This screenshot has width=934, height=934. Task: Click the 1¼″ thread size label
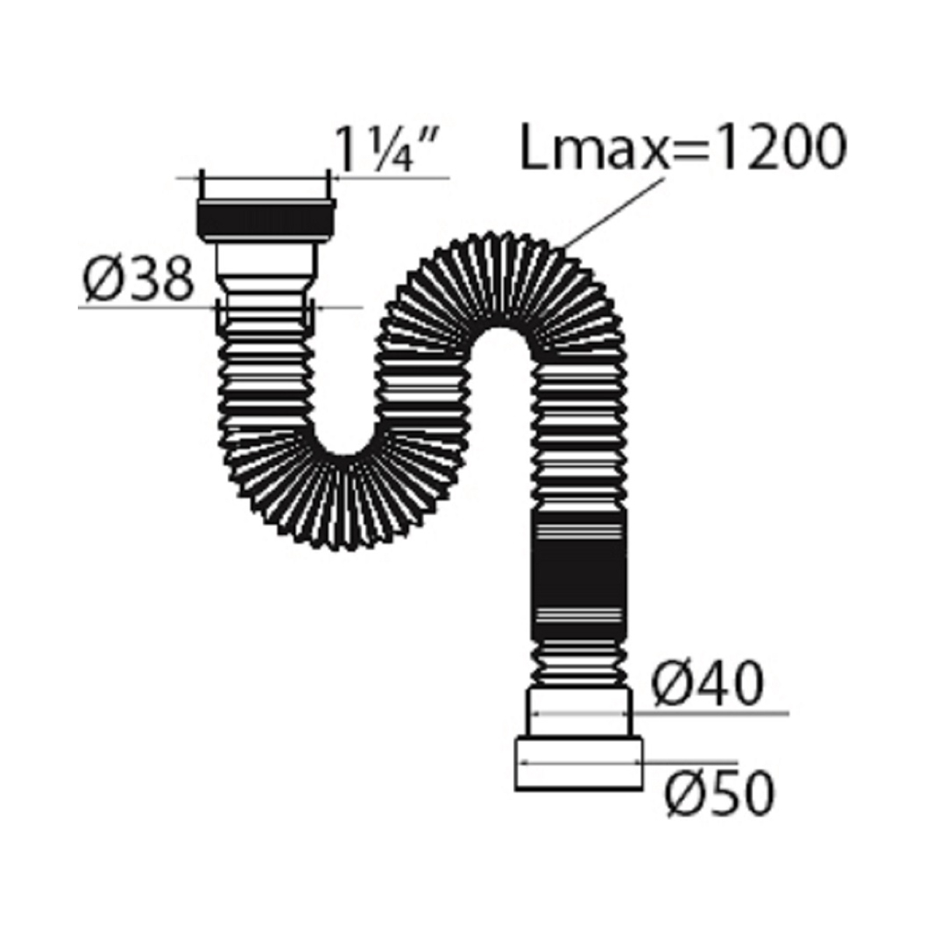coord(388,149)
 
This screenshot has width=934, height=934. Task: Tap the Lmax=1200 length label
coord(683,146)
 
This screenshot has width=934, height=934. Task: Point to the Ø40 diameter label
coord(708,683)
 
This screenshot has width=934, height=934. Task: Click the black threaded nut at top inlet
coord(266,219)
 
